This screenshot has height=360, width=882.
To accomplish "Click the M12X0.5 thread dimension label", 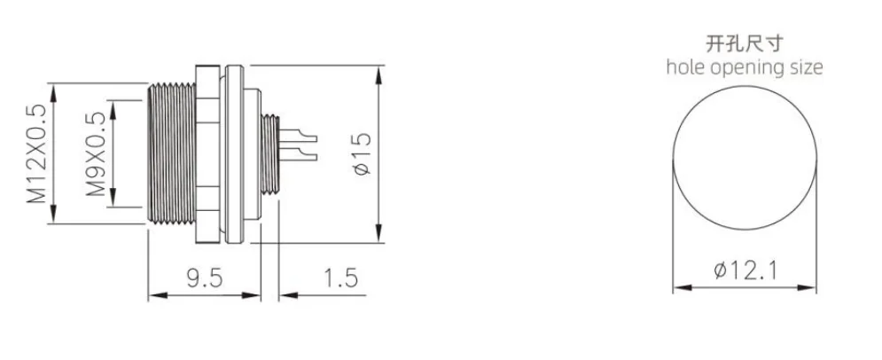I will point(35,153).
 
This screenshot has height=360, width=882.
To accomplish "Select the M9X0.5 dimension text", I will point(96,153).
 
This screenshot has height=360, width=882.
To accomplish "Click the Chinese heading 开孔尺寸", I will point(745,42).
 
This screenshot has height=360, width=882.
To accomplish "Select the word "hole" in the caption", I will point(687,67).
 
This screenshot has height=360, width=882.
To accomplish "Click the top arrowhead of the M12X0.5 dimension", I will point(55,89).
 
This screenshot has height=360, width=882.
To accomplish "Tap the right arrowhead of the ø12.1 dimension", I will point(813,288).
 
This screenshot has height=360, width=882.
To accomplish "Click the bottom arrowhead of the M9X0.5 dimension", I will point(113,205).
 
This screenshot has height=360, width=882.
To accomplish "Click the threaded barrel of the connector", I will point(171,153).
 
